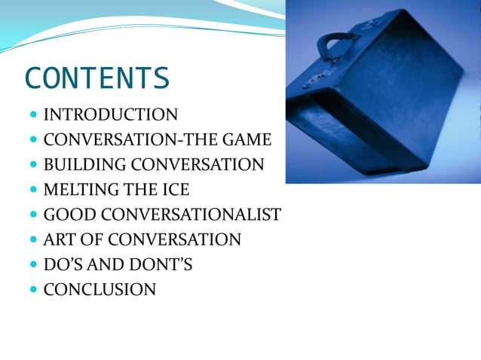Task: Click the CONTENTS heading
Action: coord(97,78)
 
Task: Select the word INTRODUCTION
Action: coord(111,115)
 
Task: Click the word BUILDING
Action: coord(78,165)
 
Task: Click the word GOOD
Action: coord(63,215)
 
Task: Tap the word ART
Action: coord(58,239)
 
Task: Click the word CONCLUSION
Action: coord(100,289)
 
